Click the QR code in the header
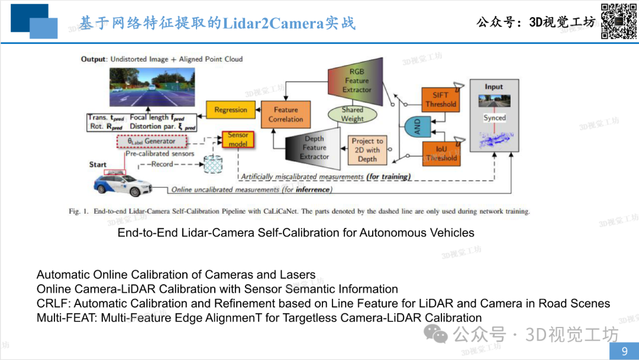pos(619,21)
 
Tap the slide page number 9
pos(624,351)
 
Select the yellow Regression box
pos(231,110)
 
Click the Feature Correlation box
pos(286,114)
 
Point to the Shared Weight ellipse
pos(352,114)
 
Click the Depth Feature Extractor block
pos(313,148)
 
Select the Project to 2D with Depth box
pos(367,150)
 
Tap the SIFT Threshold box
pos(441,99)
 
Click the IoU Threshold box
pos(441,154)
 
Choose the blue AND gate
pos(417,126)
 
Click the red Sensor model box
pos(238,139)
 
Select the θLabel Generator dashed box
pos(151,142)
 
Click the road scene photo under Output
pos(152,87)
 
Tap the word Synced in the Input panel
pos(494,118)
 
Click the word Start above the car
pos(98,165)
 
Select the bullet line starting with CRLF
pos(323,303)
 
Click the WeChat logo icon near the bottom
pos(435,334)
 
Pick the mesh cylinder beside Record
pos(213,164)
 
